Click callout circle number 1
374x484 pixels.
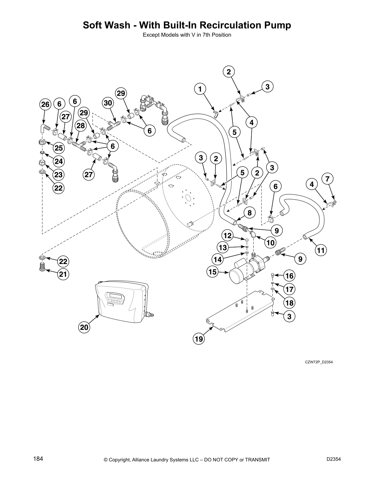coord(200,89)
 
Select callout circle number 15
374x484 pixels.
coord(212,272)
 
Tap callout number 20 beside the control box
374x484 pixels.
coord(84,328)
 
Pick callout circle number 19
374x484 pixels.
coord(199,339)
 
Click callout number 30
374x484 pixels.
coord(108,103)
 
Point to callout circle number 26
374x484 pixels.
coord(45,105)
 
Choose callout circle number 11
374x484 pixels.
coord(321,251)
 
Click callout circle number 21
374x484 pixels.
coord(63,274)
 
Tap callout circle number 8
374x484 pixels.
coord(250,213)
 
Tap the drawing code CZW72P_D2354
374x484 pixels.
coord(319,362)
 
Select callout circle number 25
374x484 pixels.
coord(58,148)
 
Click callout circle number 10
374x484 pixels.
coord(270,243)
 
